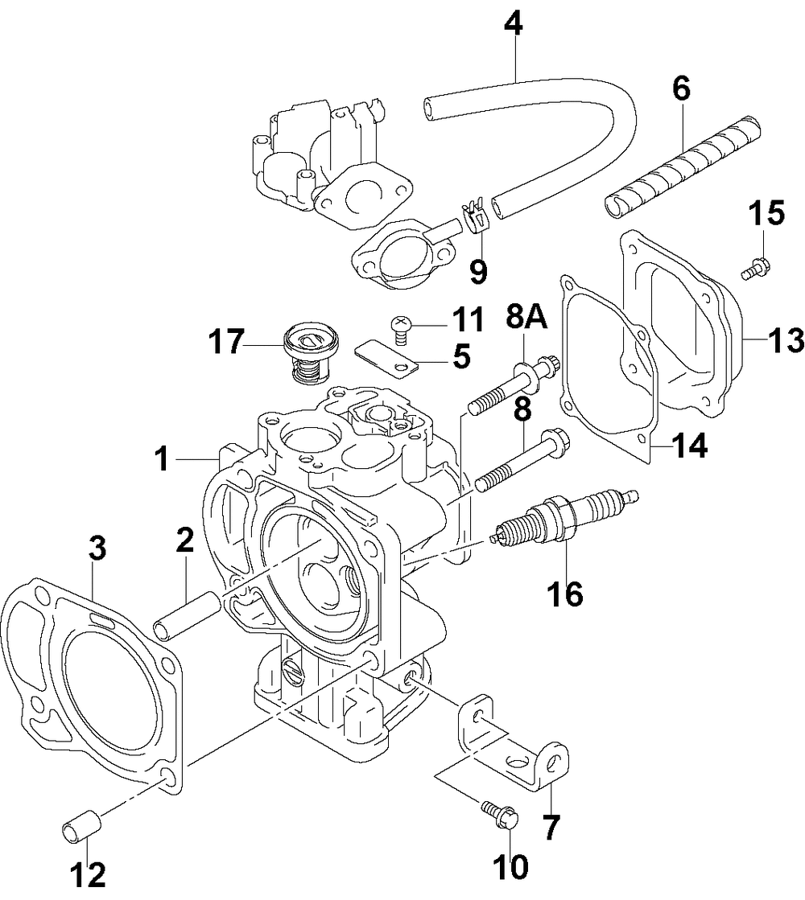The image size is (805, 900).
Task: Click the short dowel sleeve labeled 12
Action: (x=81, y=826)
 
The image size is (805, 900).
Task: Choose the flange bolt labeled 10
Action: (x=499, y=816)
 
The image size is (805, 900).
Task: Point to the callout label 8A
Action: (x=526, y=316)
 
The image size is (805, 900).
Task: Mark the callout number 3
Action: (x=97, y=549)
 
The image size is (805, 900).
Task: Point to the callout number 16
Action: (x=565, y=594)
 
